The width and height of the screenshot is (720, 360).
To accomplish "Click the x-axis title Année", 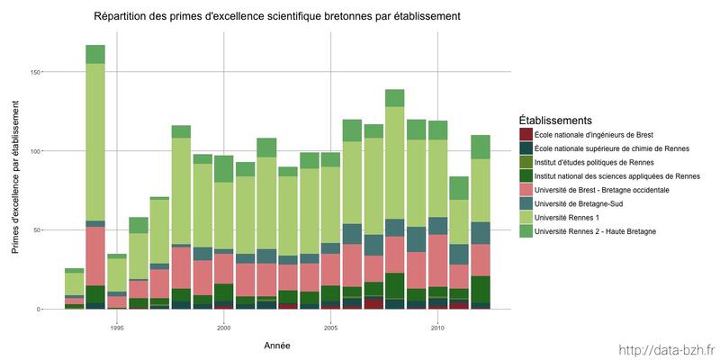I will coord(276,345).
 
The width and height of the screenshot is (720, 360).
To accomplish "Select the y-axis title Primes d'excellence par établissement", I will coord(15,170).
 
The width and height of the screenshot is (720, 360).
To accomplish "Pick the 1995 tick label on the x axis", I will coord(117,328).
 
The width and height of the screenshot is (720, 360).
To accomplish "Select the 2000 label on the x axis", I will coord(223,328).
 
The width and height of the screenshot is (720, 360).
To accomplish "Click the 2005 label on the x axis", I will coord(330,328).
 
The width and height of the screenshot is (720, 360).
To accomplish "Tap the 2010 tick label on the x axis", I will coord(437,328).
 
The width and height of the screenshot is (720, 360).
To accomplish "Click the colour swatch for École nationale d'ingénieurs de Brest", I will coord(526,135).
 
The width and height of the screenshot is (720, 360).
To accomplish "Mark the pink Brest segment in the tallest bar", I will coord(95,256).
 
